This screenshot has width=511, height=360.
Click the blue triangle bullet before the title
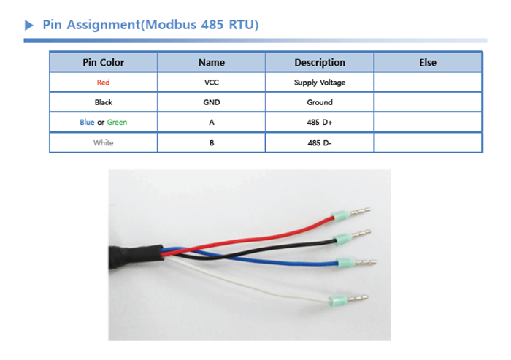coord(29,25)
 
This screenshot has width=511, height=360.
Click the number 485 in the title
coord(212,25)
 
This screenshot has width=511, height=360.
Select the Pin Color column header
coord(104,62)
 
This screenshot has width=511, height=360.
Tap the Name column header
coord(212,62)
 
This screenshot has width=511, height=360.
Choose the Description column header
coord(320,62)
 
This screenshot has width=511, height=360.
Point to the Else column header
coord(428,62)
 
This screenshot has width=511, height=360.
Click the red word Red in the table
coord(104,83)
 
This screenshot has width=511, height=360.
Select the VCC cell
coord(212,83)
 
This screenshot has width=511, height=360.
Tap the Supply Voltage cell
coord(320,83)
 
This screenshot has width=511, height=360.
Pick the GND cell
coord(212,102)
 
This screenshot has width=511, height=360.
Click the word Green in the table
coord(117,122)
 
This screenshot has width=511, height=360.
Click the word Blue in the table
coord(87,122)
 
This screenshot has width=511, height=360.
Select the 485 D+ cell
coord(320,122)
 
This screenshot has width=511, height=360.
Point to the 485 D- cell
coord(320,143)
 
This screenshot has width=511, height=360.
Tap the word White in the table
coord(104,143)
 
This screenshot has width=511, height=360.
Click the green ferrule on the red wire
coord(341,215)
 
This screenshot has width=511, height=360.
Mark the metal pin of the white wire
coord(358,299)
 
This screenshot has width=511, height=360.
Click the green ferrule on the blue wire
coord(345,262)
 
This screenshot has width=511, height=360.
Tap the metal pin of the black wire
coord(361,234)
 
